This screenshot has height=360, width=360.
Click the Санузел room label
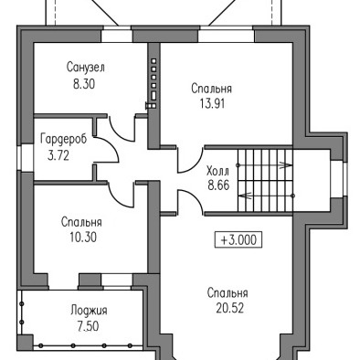[x=86, y=68]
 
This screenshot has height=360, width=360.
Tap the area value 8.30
[x=84, y=84]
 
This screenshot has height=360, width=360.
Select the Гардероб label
[x=64, y=139]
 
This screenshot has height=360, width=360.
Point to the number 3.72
[x=58, y=155]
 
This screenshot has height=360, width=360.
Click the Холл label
[x=217, y=171]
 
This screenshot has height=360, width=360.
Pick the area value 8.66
[x=218, y=185]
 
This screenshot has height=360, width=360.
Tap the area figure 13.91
[x=212, y=104]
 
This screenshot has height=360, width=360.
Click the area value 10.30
[x=83, y=237]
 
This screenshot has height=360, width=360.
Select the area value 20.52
[x=230, y=309]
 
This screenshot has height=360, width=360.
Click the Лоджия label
[x=89, y=311]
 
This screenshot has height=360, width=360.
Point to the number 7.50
[x=88, y=326]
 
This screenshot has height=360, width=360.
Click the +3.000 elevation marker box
[x=238, y=240]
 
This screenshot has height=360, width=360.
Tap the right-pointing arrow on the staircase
[x=265, y=165]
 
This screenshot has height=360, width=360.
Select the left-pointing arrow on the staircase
[x=266, y=196]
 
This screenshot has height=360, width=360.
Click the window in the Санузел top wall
[x=117, y=35]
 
